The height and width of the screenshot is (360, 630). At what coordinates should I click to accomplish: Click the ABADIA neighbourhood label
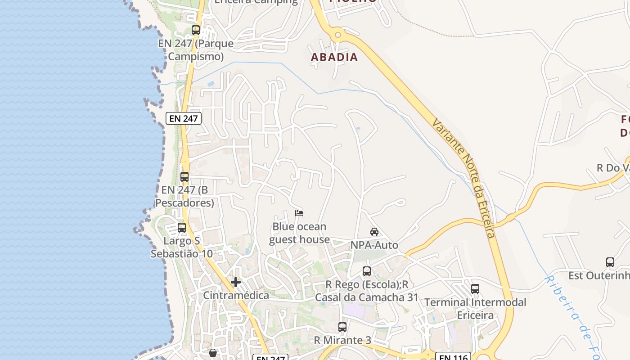(x=334, y=57)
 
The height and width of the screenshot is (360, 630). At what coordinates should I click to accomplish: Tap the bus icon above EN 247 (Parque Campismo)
(x=196, y=30)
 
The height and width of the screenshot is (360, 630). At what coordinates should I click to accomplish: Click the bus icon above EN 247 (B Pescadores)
(x=184, y=177)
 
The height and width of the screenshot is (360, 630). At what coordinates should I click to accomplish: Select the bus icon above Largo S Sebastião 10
(x=182, y=228)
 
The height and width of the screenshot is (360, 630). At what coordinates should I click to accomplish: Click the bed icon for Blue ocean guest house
(x=299, y=213)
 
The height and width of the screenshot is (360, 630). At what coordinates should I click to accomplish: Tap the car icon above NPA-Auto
(x=374, y=232)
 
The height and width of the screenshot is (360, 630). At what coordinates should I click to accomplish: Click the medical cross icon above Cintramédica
(x=235, y=282)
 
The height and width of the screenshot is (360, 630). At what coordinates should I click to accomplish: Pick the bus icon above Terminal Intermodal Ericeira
(x=475, y=289)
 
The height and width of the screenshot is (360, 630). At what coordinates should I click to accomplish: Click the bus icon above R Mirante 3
(x=342, y=327)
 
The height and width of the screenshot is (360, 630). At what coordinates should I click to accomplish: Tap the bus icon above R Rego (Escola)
(x=367, y=271)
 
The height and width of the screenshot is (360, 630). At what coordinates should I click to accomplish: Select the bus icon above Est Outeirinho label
(x=610, y=262)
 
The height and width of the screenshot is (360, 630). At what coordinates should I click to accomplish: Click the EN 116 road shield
(x=453, y=357)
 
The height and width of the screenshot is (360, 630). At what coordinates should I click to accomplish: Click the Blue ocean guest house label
(x=299, y=233)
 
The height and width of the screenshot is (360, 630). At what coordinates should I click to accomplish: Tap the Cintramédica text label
(x=236, y=296)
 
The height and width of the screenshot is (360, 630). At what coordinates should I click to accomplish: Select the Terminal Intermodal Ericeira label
(x=475, y=309)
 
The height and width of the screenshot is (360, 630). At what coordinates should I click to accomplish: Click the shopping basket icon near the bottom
(x=213, y=353)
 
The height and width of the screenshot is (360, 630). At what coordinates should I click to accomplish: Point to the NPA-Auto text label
(x=374, y=245)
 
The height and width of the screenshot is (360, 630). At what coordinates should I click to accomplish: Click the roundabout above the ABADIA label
(x=337, y=35)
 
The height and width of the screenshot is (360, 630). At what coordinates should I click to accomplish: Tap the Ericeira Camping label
(x=256, y=2)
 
